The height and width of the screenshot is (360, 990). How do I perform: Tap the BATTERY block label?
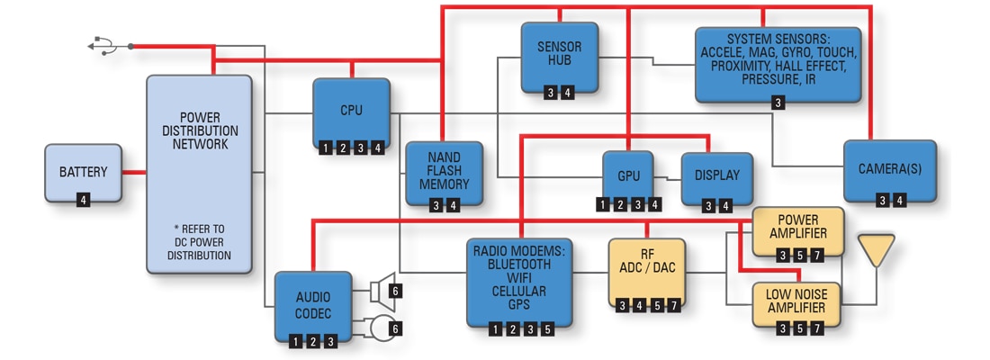(x=84, y=172)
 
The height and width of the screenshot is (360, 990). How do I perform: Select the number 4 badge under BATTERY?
(x=84, y=200)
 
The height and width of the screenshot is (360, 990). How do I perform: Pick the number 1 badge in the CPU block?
(x=324, y=148)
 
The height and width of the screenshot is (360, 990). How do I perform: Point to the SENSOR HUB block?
(x=558, y=58)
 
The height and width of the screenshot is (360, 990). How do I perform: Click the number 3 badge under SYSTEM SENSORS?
(x=778, y=103)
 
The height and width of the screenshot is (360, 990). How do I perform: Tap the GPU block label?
(x=627, y=176)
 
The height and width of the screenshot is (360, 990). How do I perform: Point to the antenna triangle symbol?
(x=876, y=249)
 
